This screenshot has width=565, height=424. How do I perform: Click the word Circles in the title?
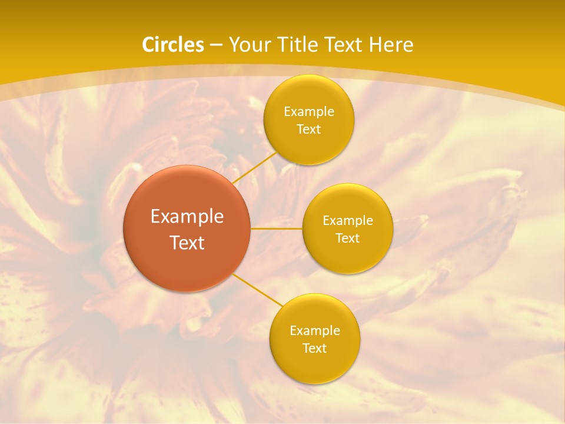[173, 45]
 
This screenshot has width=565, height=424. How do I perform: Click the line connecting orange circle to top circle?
[254, 167]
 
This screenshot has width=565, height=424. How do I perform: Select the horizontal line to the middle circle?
[277, 228]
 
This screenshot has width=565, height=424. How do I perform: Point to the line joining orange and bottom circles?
[257, 290]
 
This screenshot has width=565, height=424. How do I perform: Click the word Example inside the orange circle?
[187, 217]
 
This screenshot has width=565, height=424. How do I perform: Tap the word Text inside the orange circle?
[187, 243]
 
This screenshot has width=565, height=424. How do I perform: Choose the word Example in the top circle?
[309, 112]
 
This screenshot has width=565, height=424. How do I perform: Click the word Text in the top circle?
[308, 130]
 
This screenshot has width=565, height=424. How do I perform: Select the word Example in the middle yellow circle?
[348, 221]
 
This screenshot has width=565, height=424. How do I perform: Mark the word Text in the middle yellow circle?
[347, 238]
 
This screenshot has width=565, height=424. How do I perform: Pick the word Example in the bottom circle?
[315, 331]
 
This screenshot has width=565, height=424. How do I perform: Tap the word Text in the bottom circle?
[314, 349]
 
